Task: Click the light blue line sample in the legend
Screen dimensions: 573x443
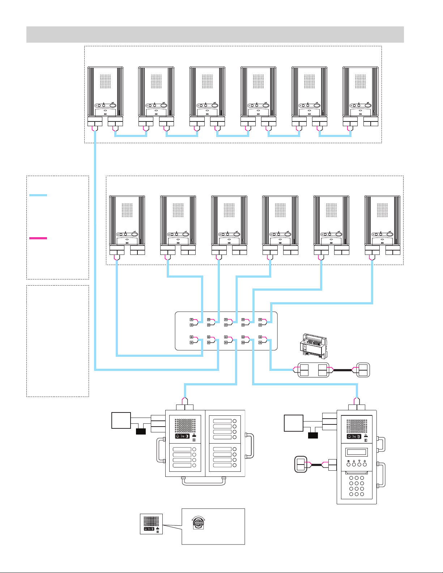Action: (x=38, y=195)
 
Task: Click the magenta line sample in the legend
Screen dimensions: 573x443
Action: (x=38, y=238)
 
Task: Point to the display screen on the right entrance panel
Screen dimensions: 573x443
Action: (x=357, y=452)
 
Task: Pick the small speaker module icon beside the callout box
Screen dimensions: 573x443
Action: (x=152, y=524)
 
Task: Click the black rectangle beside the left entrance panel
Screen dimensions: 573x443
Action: (x=141, y=431)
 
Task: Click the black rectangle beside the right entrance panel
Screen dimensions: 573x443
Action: (x=313, y=436)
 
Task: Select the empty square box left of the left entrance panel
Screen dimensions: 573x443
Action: (x=121, y=420)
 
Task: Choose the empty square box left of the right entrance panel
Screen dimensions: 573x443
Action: (x=293, y=423)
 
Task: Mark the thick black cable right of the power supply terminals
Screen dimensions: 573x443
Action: (x=342, y=370)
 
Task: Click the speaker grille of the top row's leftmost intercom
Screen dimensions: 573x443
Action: (x=106, y=82)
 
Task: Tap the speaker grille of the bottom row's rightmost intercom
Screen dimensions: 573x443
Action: (x=382, y=210)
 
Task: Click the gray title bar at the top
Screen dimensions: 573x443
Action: (x=215, y=34)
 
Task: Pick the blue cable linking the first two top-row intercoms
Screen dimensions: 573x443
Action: (x=131, y=136)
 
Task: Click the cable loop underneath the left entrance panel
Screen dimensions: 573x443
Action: (x=202, y=483)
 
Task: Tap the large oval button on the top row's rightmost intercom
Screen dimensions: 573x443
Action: (x=368, y=106)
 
